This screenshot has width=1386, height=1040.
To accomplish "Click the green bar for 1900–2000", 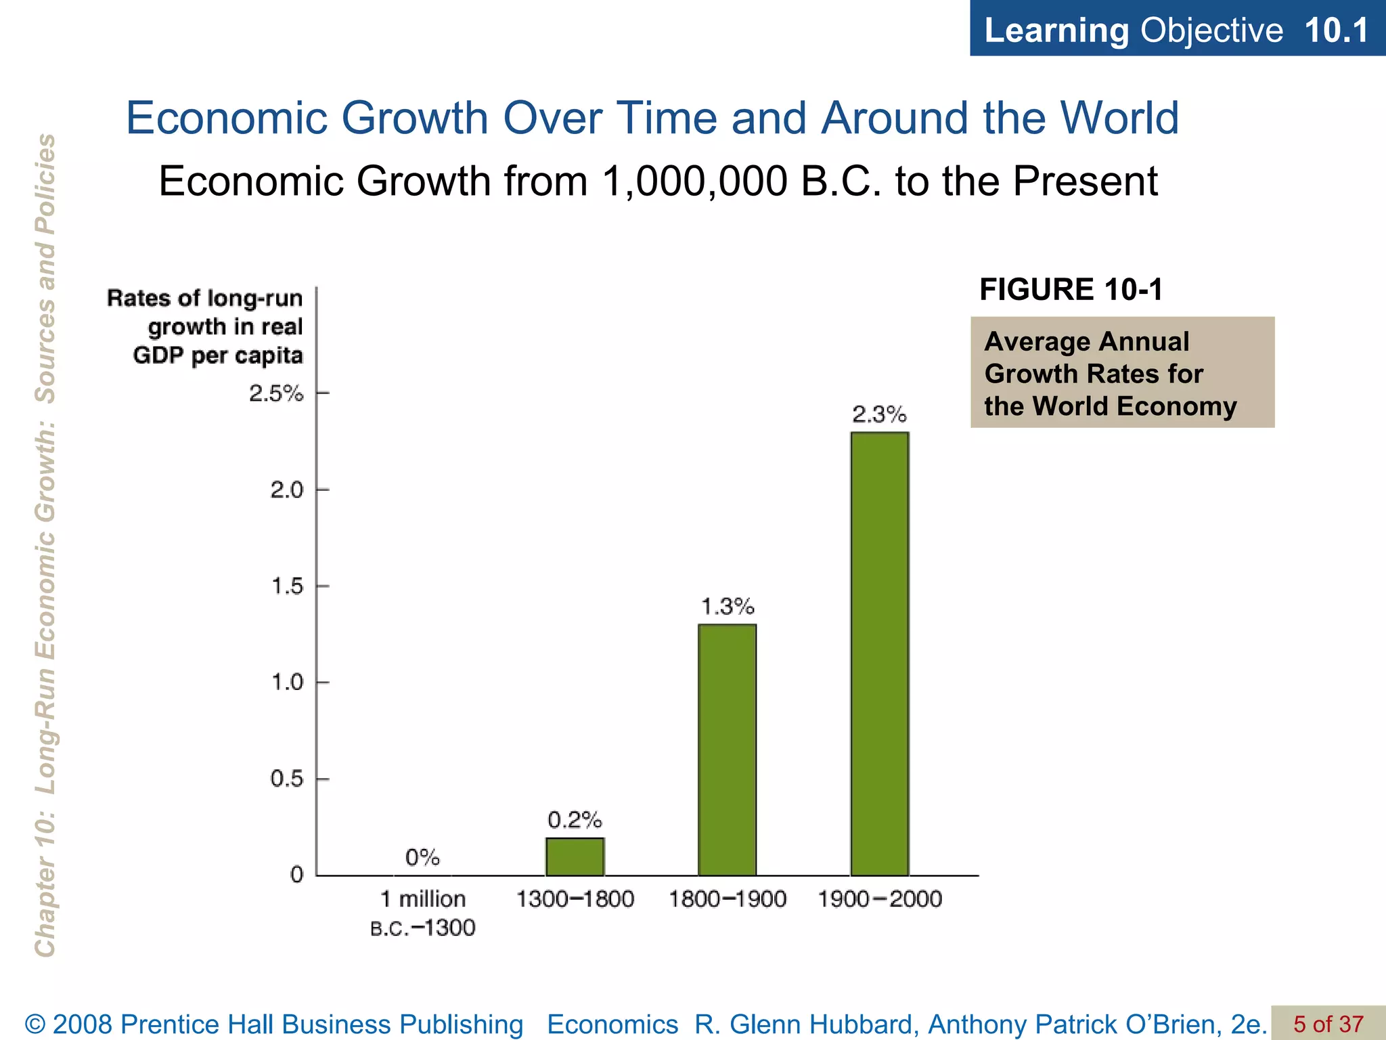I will [879, 653].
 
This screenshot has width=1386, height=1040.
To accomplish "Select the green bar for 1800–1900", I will [727, 750].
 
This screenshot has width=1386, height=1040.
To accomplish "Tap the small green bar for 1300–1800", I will [575, 857].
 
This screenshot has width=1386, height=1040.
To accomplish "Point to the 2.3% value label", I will [879, 414].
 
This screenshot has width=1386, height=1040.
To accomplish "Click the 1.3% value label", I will [727, 606].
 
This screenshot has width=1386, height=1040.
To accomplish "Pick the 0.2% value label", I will [575, 821].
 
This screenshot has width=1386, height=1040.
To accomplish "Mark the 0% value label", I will [422, 858].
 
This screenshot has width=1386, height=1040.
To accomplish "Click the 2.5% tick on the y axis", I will [276, 393].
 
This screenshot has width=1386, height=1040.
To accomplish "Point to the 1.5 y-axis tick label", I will [287, 586].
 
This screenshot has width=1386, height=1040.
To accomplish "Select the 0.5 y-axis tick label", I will [287, 779].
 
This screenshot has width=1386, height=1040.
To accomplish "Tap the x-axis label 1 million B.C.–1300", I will [423, 913].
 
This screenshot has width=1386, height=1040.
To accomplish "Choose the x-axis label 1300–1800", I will [575, 899].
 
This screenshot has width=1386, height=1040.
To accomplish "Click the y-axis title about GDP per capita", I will [205, 326].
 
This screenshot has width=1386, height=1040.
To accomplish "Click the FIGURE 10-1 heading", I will [1071, 290].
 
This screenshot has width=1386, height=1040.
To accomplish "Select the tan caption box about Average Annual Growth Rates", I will [1122, 372].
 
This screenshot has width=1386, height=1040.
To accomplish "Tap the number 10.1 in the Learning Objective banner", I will [1336, 30].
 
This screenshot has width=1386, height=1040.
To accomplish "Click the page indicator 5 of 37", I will [1328, 1024].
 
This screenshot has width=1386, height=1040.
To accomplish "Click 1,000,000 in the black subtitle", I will [694, 181].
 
